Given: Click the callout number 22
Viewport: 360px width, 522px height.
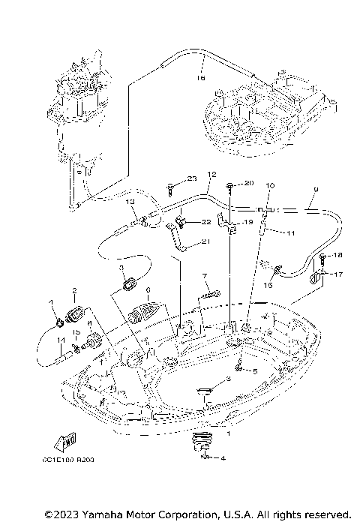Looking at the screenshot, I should click(x=205, y=223).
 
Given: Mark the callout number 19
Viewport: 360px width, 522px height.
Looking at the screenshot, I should click(x=245, y=223).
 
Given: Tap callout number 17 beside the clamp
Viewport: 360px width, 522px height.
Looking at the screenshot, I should click(x=338, y=274).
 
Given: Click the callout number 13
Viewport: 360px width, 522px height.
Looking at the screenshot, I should click(x=130, y=202).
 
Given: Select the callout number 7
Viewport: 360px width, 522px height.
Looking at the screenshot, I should click(x=203, y=276).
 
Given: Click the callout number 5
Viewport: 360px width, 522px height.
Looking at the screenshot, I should click(x=254, y=371).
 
